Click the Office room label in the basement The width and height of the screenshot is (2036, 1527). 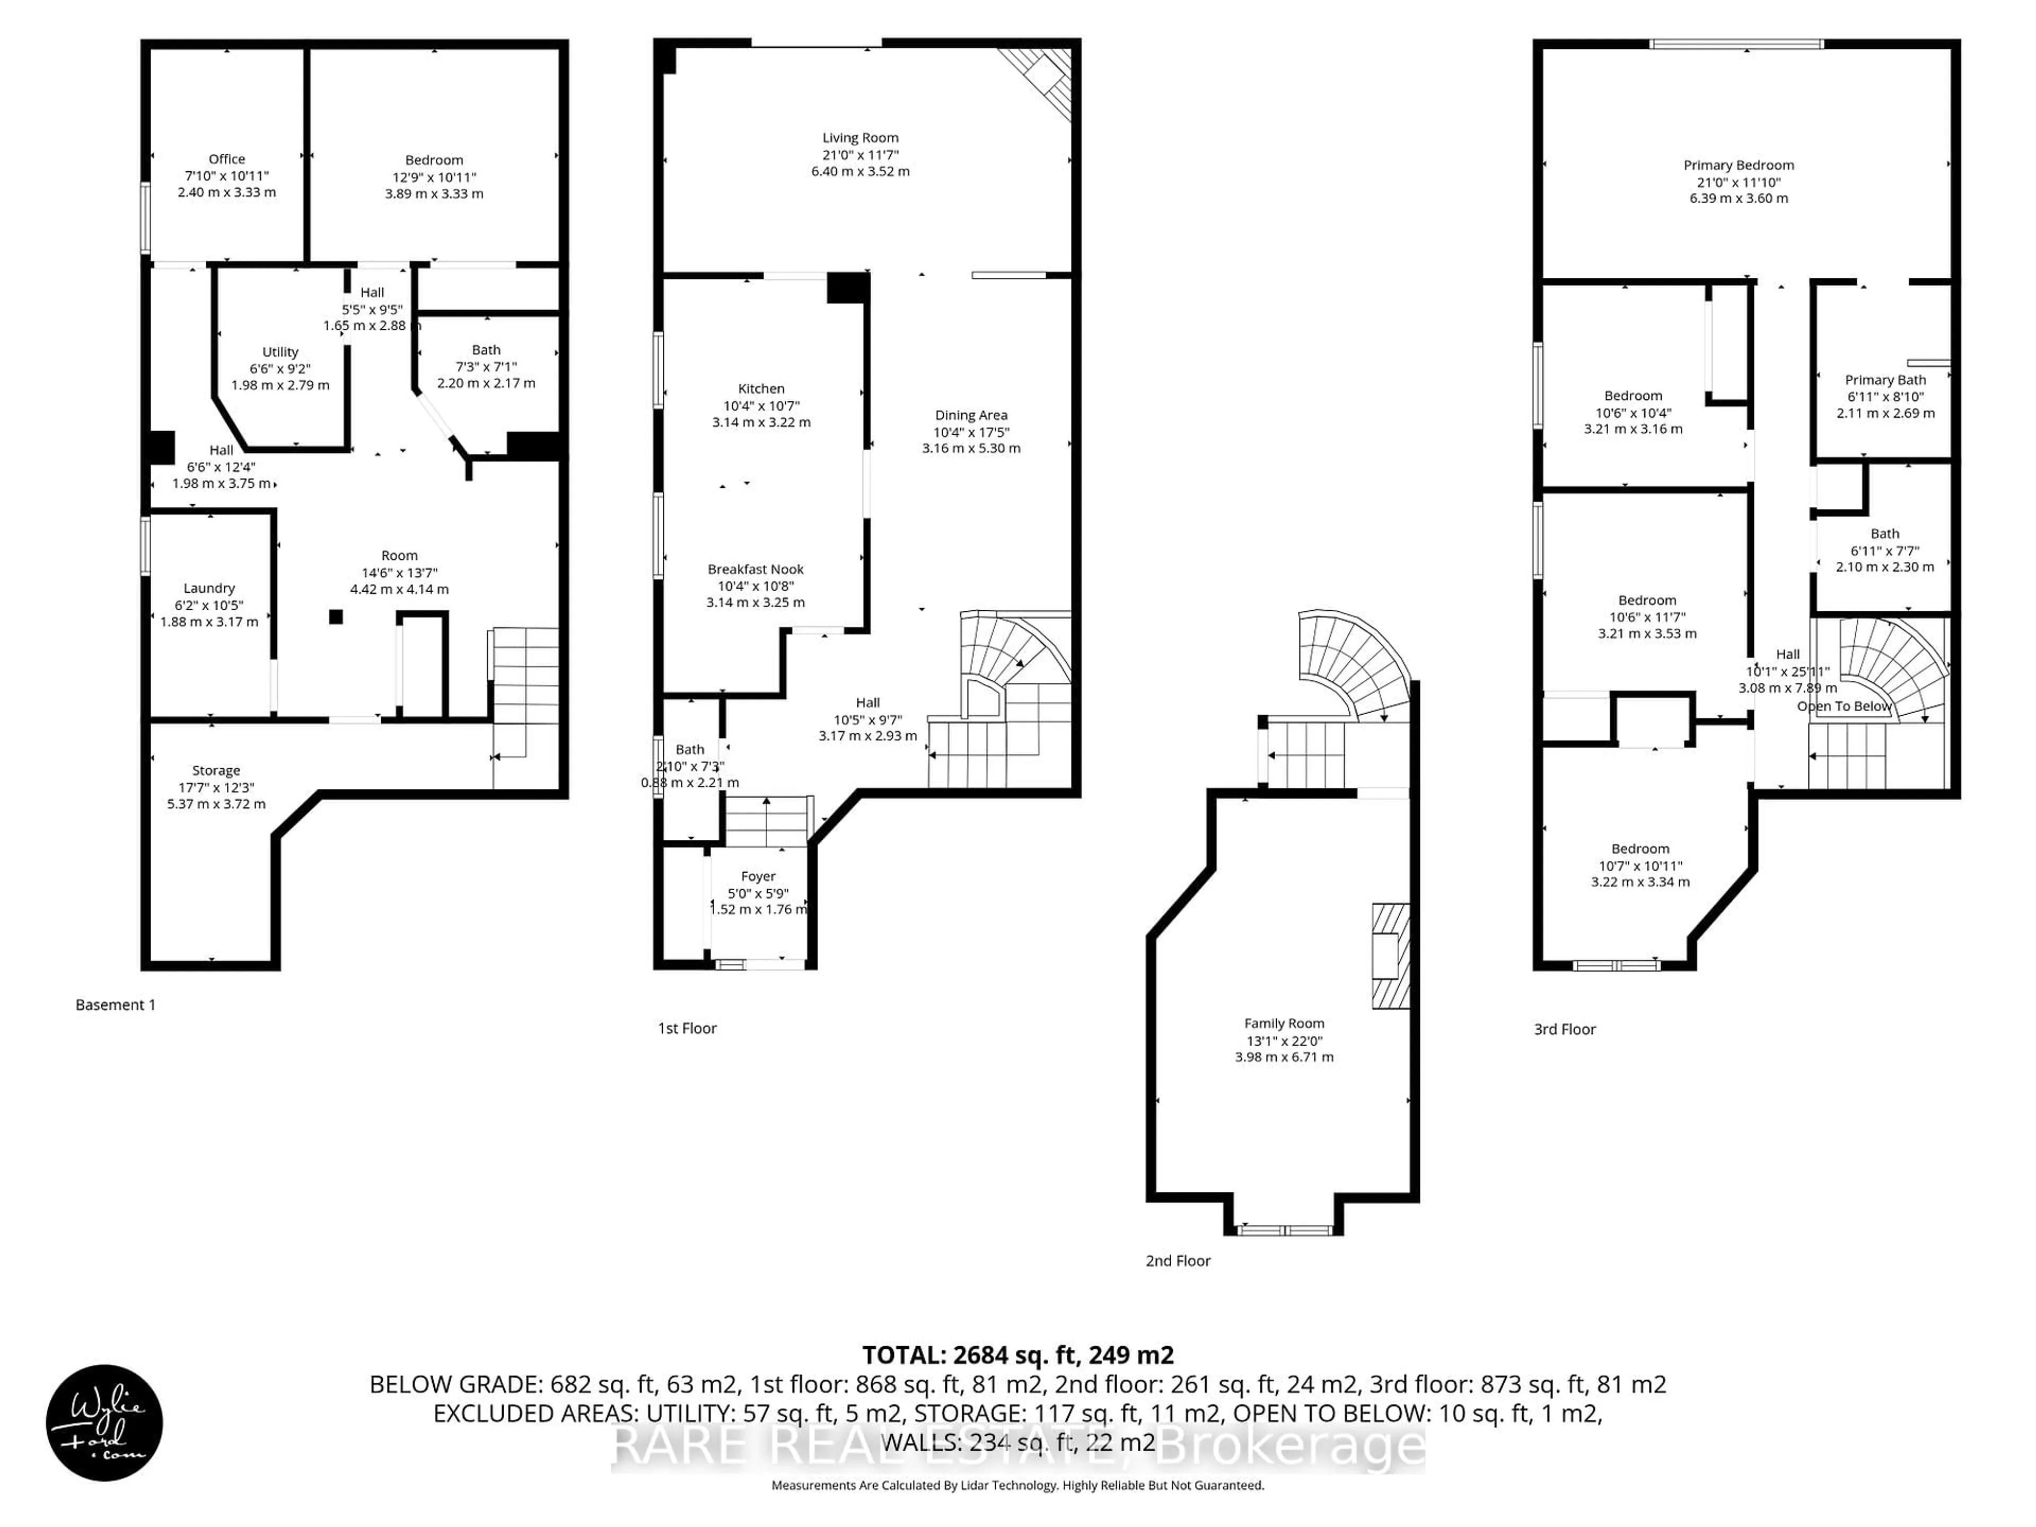(x=226, y=159)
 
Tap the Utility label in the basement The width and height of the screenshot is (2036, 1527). (x=280, y=352)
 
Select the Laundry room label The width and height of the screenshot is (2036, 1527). (x=209, y=588)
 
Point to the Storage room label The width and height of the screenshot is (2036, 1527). (x=216, y=770)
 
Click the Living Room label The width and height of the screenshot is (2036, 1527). (x=859, y=138)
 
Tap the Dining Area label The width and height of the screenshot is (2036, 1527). (x=971, y=415)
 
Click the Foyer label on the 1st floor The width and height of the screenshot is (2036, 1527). (x=758, y=876)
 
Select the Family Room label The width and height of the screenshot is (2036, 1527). (x=1284, y=1023)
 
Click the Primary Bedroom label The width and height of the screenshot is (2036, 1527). (x=1739, y=165)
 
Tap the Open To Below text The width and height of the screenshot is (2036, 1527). (x=1844, y=706)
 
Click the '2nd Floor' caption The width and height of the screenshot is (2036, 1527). (x=1177, y=1261)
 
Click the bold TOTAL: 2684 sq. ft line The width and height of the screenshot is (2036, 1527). (x=1017, y=1355)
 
